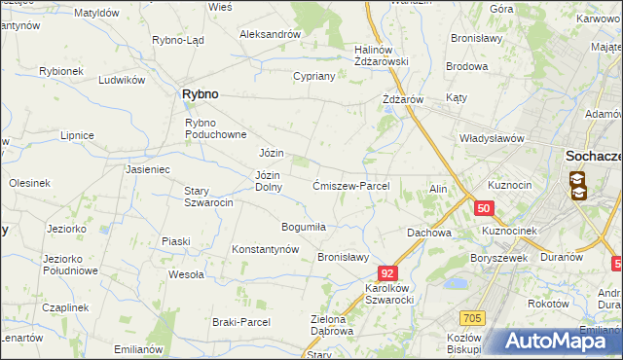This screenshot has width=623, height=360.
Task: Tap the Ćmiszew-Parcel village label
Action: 351,186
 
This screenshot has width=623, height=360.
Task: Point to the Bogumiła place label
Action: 303,227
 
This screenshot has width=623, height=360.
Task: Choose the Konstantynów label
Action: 265,249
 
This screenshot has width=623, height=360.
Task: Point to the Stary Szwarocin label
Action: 209,197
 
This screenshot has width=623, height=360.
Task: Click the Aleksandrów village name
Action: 270,34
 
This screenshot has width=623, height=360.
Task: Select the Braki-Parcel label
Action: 239,321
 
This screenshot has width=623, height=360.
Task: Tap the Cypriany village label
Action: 313,76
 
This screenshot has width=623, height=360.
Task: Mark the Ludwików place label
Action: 122,80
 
